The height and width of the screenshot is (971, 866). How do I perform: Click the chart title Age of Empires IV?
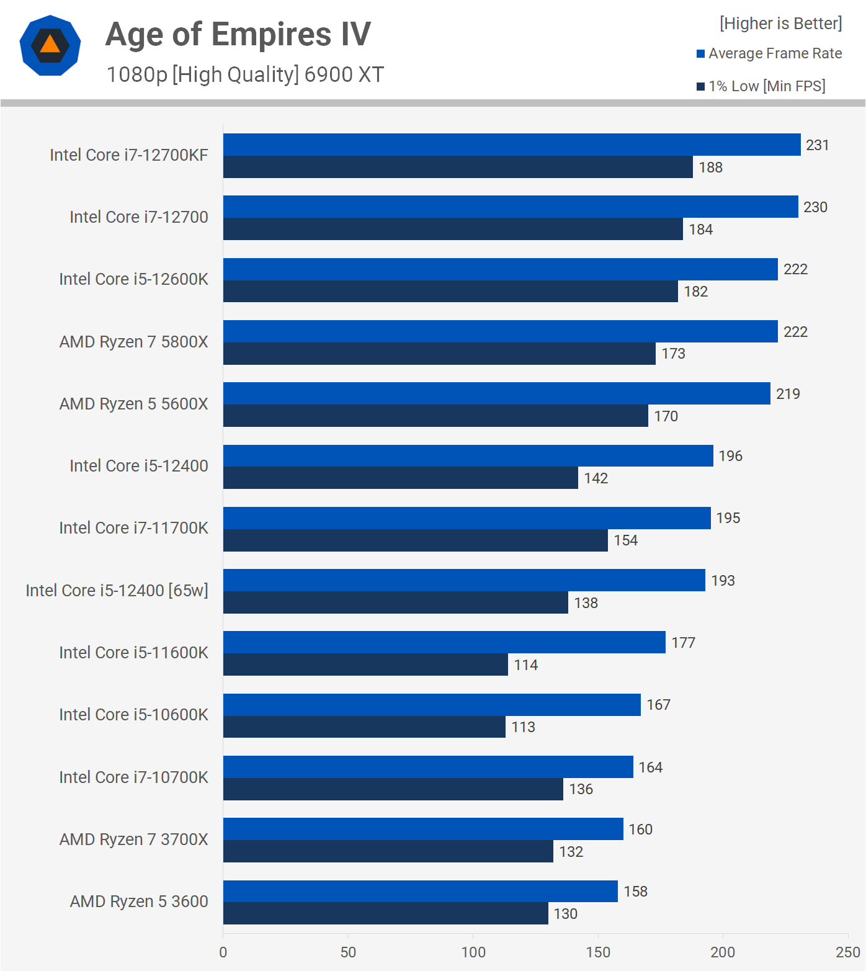coord(238,35)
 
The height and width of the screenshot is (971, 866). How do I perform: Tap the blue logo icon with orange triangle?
coord(50,45)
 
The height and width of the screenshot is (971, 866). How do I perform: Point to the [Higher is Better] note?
coord(780,24)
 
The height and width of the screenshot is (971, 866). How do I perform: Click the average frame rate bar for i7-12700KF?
coord(512,145)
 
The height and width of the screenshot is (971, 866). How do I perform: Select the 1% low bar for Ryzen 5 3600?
coord(385,913)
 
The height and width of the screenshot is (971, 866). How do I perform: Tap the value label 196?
coord(730,456)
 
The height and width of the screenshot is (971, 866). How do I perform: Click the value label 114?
coord(525,665)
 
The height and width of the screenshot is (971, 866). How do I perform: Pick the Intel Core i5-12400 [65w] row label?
coord(117,591)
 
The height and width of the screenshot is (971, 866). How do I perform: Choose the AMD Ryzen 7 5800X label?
coord(133,342)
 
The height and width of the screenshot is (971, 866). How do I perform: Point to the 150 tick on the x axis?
coord(598,952)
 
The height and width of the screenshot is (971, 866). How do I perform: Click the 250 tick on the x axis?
coord(847,952)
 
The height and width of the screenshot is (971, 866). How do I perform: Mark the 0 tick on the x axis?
coord(223,952)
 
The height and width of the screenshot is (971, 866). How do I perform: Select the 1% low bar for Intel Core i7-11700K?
coord(416,540)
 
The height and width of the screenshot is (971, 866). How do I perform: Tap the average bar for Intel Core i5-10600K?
coord(432,705)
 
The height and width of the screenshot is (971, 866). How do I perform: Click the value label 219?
coord(788,394)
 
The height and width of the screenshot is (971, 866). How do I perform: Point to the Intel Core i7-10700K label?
coord(133,777)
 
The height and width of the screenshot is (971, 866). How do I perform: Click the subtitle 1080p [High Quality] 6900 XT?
coord(245,74)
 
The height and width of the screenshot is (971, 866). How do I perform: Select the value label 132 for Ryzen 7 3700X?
coord(571,852)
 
